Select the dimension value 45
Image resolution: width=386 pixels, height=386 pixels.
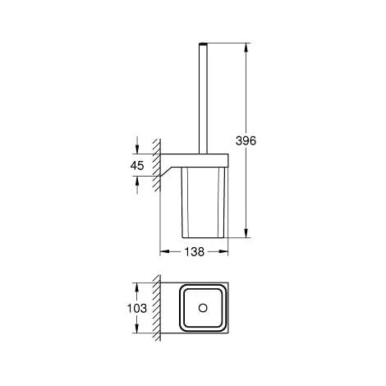point(136,165)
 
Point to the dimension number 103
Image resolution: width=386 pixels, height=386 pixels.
point(137,309)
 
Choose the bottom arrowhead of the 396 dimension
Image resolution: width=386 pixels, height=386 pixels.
point(245,234)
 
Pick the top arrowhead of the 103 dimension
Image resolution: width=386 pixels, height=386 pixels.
point(136,285)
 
